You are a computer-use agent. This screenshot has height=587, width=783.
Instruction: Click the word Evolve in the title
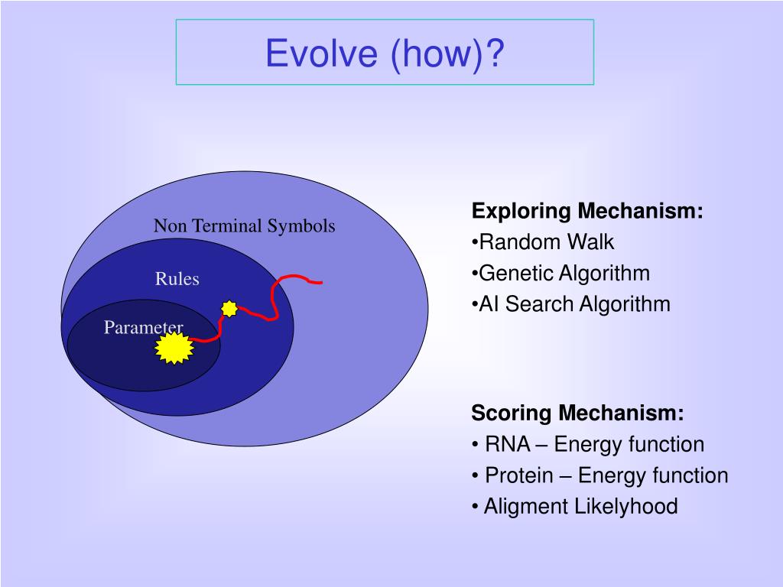coord(322,53)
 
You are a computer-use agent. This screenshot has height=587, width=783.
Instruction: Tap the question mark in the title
coord(495,53)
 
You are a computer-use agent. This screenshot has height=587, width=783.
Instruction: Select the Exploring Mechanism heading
coord(587,211)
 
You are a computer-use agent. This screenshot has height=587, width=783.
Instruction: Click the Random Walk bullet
coord(543,242)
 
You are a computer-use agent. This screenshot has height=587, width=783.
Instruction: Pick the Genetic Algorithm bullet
coord(560,274)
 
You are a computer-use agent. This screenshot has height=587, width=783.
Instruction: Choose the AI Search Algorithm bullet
coord(570,304)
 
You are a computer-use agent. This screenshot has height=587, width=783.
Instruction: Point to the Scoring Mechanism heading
coord(578,413)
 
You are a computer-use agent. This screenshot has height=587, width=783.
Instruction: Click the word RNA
coord(508,444)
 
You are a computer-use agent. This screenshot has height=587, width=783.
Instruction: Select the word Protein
coord(519,475)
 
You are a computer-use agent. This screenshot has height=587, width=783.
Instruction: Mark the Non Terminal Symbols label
coord(244,226)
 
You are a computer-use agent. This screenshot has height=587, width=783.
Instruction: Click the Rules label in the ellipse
coord(177,278)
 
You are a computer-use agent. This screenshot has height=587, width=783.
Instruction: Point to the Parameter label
coord(143,327)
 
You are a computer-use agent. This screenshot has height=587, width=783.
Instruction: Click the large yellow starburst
coord(174,348)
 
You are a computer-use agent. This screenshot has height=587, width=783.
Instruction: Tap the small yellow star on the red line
coord(229,309)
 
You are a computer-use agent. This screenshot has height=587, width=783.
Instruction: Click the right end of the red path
coord(322,283)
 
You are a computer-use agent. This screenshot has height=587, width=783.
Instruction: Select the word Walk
coord(591,242)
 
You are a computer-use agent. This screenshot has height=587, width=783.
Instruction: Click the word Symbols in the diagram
coord(301,226)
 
